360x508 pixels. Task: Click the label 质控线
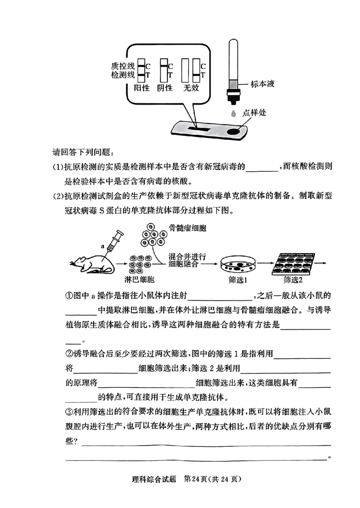coord(124,66)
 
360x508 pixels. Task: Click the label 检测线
coord(124,75)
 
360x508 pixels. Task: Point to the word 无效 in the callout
coord(191,88)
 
